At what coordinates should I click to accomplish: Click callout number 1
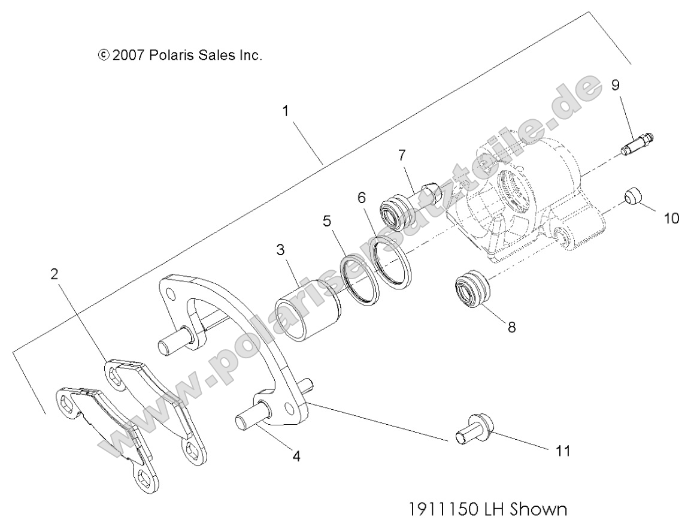(x=286, y=111)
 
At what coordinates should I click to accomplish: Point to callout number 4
(x=296, y=457)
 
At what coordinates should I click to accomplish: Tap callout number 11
(x=562, y=451)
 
